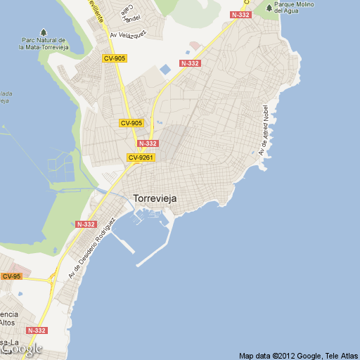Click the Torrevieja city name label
pos(155,199)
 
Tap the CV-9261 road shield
pos(141,157)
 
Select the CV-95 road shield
pos(11,276)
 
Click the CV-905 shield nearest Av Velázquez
pos(114,58)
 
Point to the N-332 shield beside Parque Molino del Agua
pos(240,14)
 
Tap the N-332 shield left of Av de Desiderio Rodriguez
pos(86,224)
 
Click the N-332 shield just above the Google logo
pos(37,330)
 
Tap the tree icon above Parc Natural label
pos(44,32)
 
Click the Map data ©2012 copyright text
pos(297,355)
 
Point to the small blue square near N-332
pos(165,70)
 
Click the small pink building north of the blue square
pos(195,46)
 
